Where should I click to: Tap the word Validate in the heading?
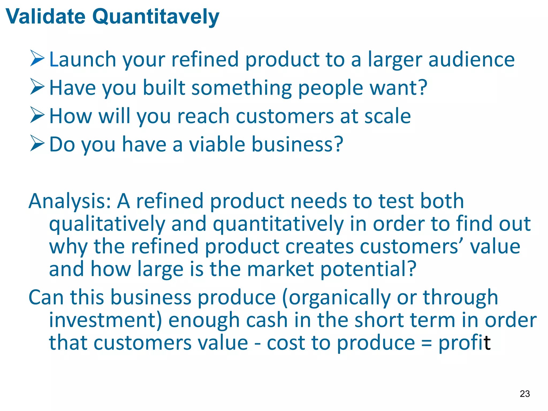[x=45, y=17]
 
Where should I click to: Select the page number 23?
[x=525, y=394]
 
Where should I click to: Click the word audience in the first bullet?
[x=471, y=59]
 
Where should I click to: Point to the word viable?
[x=217, y=144]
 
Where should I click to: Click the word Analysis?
[x=70, y=201]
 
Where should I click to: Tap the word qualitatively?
[x=107, y=224]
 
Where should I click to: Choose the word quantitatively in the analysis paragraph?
[x=278, y=224]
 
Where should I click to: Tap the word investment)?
[x=105, y=320]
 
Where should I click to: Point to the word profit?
[x=464, y=343]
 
